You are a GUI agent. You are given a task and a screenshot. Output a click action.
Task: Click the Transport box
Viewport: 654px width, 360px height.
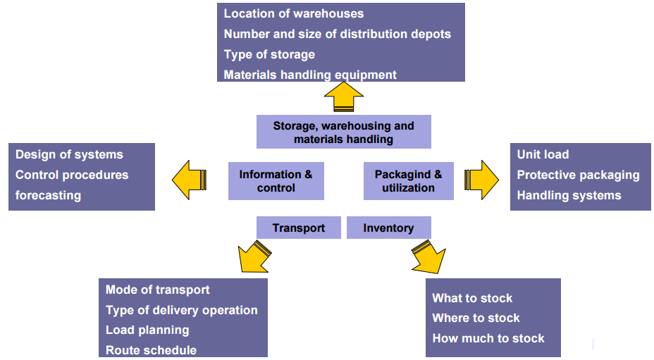[x=299, y=228]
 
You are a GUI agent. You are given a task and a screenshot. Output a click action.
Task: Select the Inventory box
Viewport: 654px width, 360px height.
[x=388, y=228]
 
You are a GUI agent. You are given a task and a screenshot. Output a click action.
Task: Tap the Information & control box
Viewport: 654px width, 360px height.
[x=276, y=181]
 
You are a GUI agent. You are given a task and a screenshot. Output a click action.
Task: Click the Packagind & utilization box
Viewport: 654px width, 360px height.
[x=408, y=181]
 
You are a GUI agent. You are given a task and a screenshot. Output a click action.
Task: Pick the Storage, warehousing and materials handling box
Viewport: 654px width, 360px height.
[x=343, y=132]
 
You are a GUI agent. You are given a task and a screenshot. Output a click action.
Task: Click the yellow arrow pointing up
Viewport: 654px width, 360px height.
[x=343, y=96]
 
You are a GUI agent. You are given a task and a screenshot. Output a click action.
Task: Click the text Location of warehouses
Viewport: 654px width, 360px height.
[x=294, y=13]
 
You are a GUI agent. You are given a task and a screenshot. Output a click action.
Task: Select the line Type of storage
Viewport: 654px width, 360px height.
[x=269, y=54]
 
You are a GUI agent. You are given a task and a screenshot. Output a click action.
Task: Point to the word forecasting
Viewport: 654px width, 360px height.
[x=48, y=195]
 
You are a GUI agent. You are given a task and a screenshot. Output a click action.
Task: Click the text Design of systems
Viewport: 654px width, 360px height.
[x=69, y=154]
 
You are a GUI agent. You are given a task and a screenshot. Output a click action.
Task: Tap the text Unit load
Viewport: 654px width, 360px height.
[x=543, y=154]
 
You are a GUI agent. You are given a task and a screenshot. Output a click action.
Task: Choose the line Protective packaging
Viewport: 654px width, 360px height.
[x=578, y=175]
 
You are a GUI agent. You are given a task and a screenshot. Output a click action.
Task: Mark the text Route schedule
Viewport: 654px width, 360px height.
[x=151, y=350]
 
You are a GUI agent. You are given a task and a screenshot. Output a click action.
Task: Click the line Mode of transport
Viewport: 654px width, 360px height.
[x=158, y=290]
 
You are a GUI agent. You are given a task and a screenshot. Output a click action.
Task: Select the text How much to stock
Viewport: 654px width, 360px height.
[x=488, y=338]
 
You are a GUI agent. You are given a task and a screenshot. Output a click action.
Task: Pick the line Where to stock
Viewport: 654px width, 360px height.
[x=476, y=318]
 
